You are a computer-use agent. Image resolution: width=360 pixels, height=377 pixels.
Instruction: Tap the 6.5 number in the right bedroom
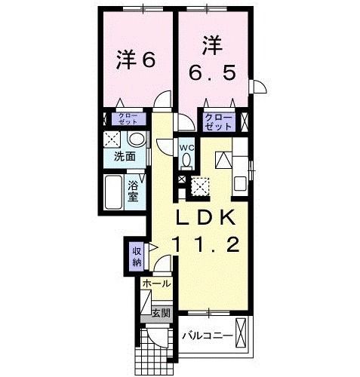pos(212,73)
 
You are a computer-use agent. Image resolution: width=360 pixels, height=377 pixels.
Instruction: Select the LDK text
pos(208,218)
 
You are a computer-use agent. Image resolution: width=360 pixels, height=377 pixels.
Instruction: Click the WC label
pos(187,147)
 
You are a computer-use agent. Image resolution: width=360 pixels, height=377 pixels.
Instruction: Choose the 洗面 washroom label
pos(125,157)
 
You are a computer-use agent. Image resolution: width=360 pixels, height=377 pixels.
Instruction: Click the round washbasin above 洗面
pos(137,139)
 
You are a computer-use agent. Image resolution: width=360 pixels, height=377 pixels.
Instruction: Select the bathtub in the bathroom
pos(114,192)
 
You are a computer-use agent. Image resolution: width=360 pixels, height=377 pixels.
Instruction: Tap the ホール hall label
pos(156,284)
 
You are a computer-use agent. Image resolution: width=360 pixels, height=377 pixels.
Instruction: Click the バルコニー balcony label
pos(206,334)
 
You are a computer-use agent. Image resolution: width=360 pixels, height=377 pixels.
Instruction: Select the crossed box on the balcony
pos(242,333)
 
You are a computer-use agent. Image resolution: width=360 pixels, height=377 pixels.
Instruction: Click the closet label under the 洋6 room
pos(126,118)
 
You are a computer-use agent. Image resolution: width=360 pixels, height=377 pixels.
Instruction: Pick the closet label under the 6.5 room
pos(218,121)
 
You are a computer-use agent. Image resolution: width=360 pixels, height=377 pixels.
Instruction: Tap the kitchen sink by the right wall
pos(240,182)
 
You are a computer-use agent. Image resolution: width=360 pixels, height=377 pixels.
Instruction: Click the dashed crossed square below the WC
pos(201,184)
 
